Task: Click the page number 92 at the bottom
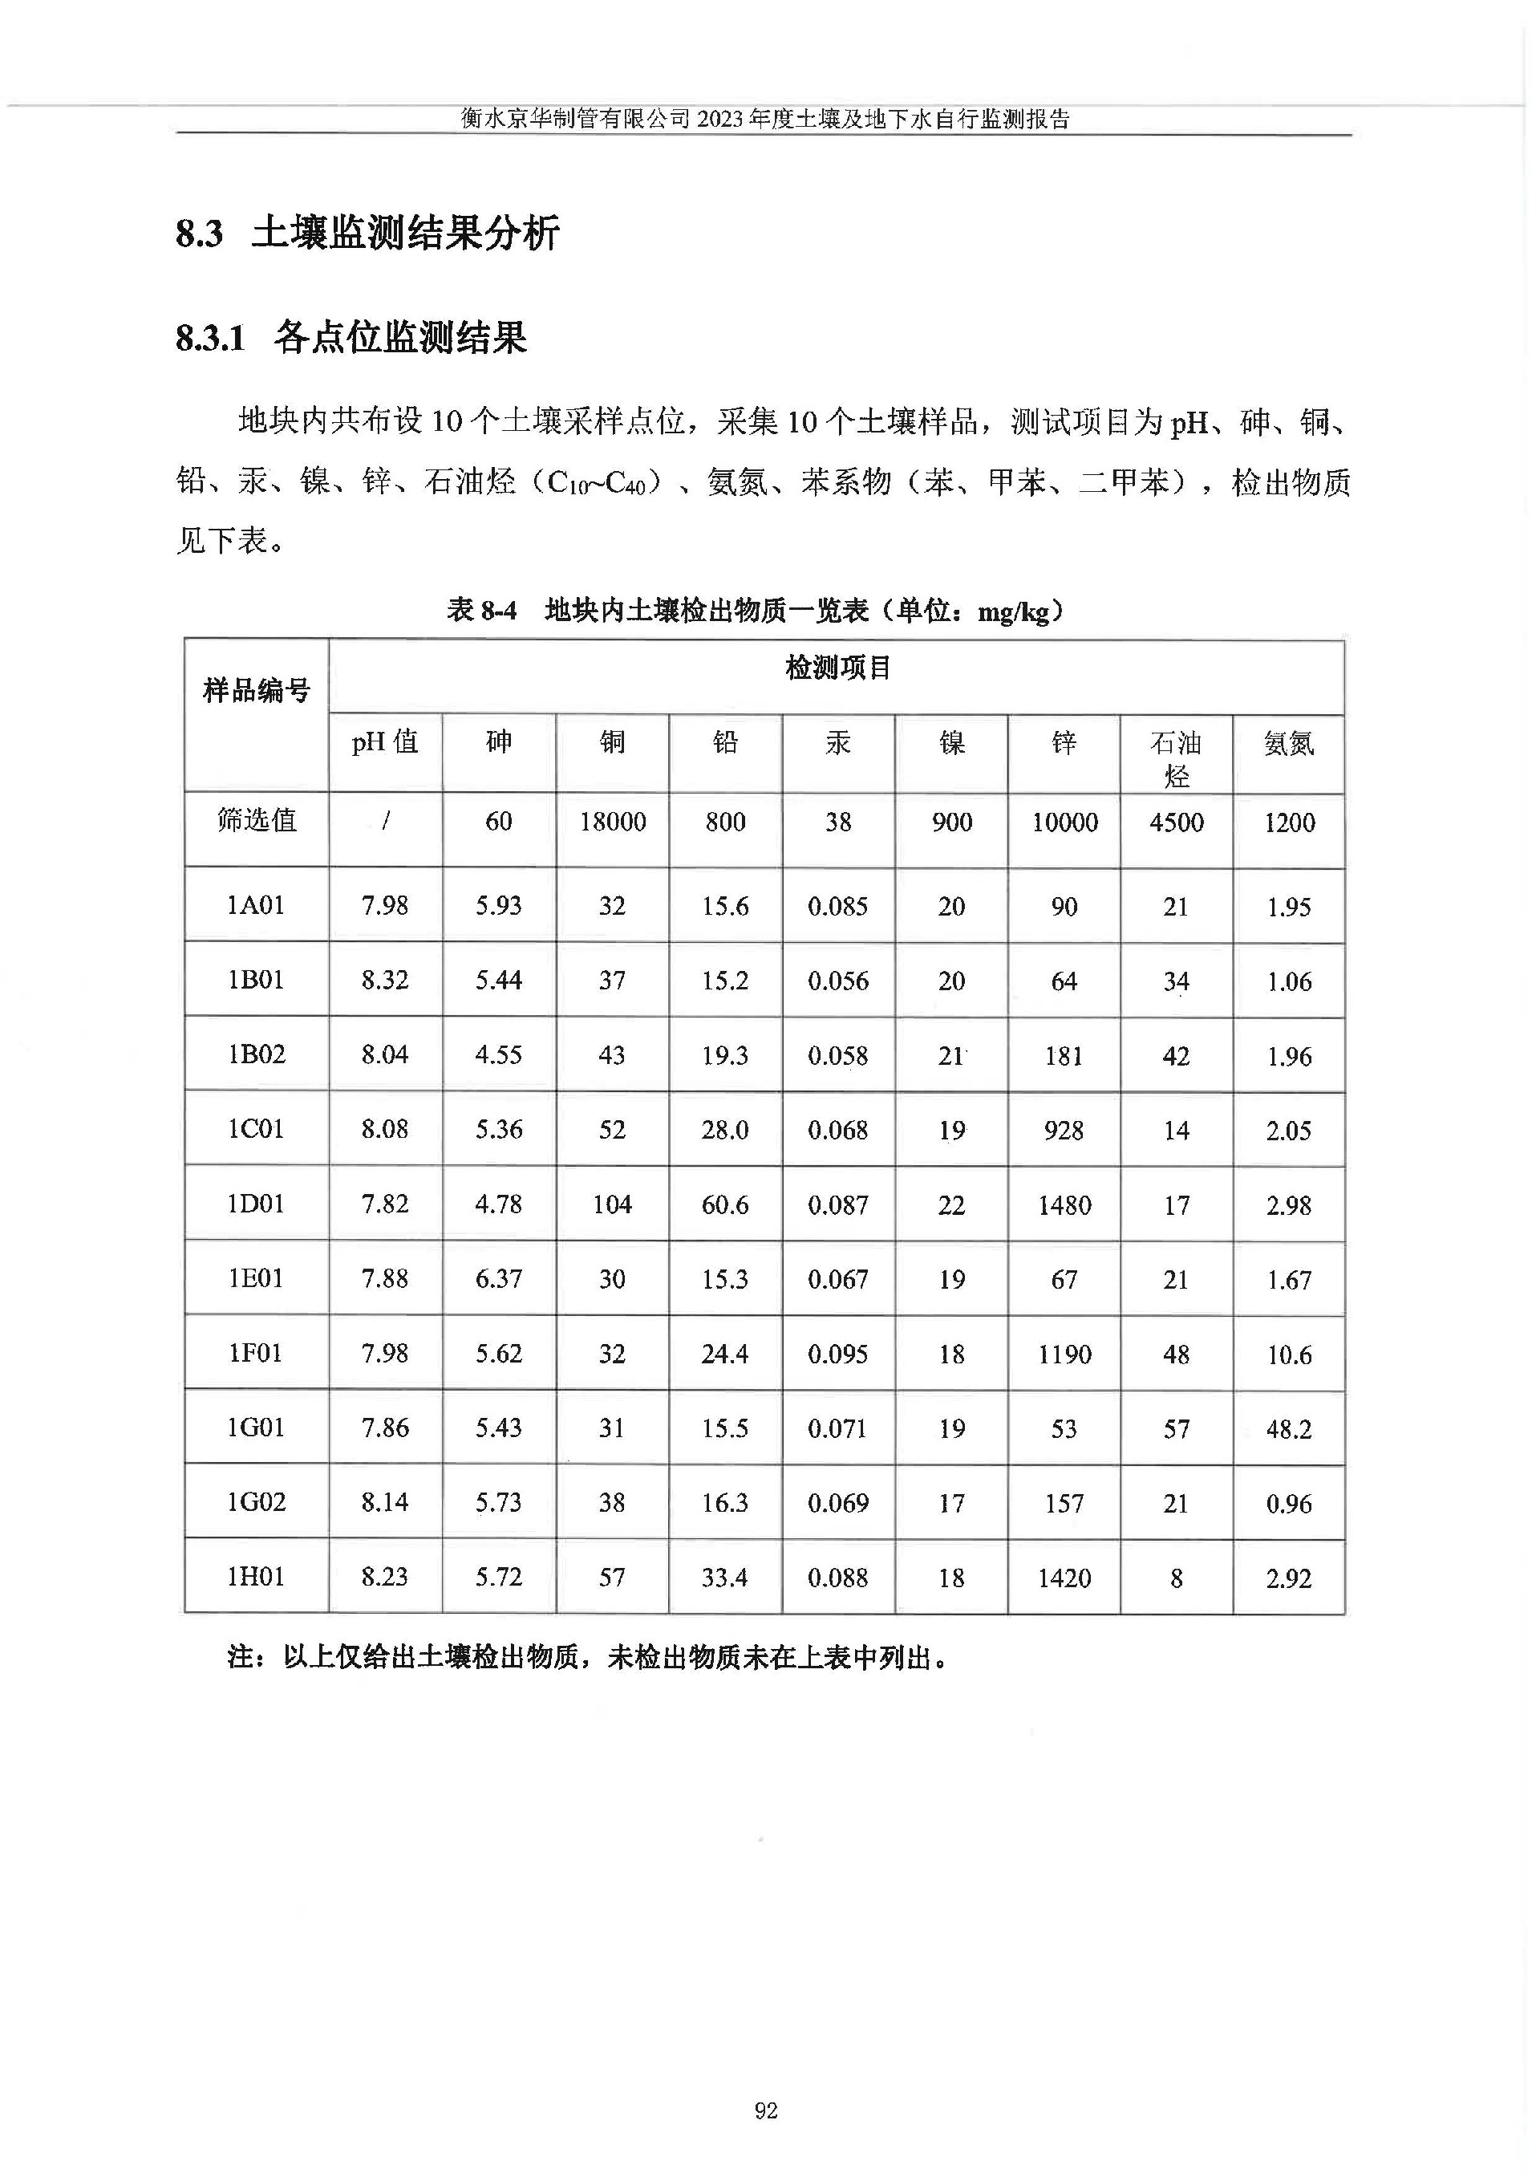click(765, 2110)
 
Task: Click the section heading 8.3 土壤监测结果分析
click(368, 234)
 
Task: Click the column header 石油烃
click(1176, 758)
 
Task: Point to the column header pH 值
click(385, 741)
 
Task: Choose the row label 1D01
click(256, 1204)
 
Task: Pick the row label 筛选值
click(256, 821)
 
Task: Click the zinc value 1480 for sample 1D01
click(1064, 1204)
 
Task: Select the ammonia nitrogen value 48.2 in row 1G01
click(1289, 1428)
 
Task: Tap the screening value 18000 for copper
click(613, 822)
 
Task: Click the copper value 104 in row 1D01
click(612, 1204)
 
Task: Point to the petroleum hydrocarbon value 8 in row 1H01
click(1176, 1578)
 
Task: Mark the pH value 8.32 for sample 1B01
click(385, 980)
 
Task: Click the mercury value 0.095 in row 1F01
click(837, 1354)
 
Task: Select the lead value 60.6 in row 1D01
click(724, 1204)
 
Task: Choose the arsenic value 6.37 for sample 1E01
click(499, 1279)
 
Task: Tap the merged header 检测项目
click(837, 668)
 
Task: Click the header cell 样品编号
click(256, 691)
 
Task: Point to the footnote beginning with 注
click(588, 1658)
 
